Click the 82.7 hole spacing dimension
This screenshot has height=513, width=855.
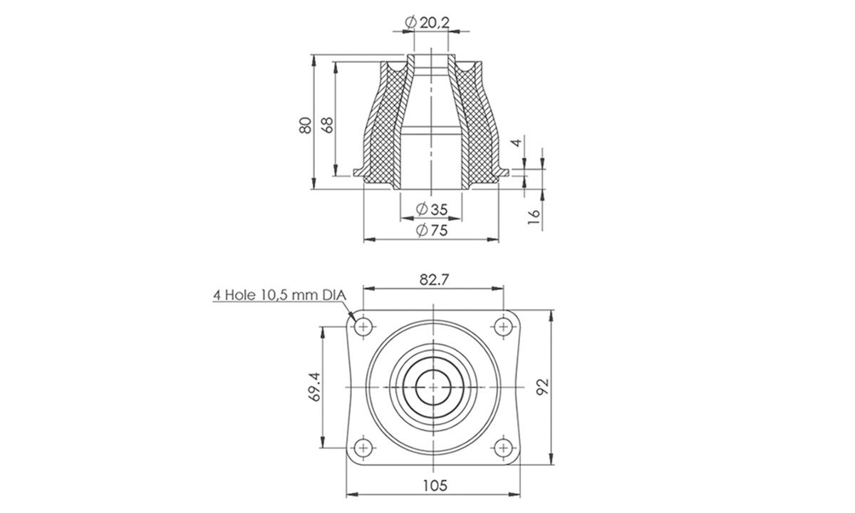click(x=433, y=280)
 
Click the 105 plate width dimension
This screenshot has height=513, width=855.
click(x=433, y=485)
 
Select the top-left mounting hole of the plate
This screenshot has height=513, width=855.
click(x=364, y=327)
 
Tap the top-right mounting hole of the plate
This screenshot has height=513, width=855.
click(x=503, y=327)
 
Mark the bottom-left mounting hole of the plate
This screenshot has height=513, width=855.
click(x=364, y=447)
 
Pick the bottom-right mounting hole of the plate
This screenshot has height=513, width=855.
click(x=503, y=447)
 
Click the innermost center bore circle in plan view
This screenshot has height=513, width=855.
click(x=433, y=387)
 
